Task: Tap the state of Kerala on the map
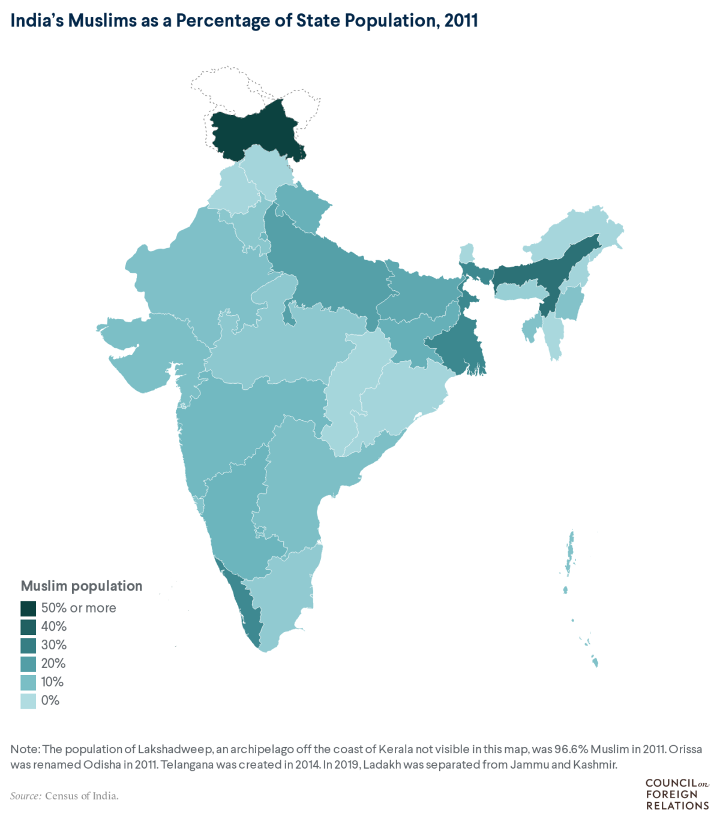tap(246, 609)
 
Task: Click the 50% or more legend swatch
tap(28, 609)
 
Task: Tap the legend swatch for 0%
tap(28, 701)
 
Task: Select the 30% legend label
tap(54, 645)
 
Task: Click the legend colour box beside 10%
tap(28, 682)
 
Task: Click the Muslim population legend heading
tap(82, 586)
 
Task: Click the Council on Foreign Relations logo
tap(676, 794)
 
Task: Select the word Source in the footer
tap(25, 796)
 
